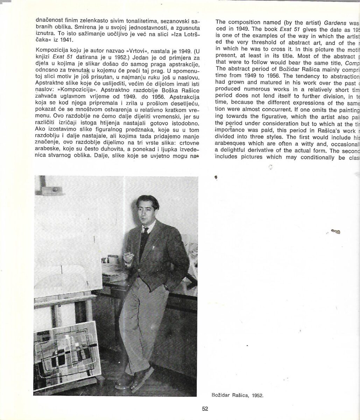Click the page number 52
(205, 408)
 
